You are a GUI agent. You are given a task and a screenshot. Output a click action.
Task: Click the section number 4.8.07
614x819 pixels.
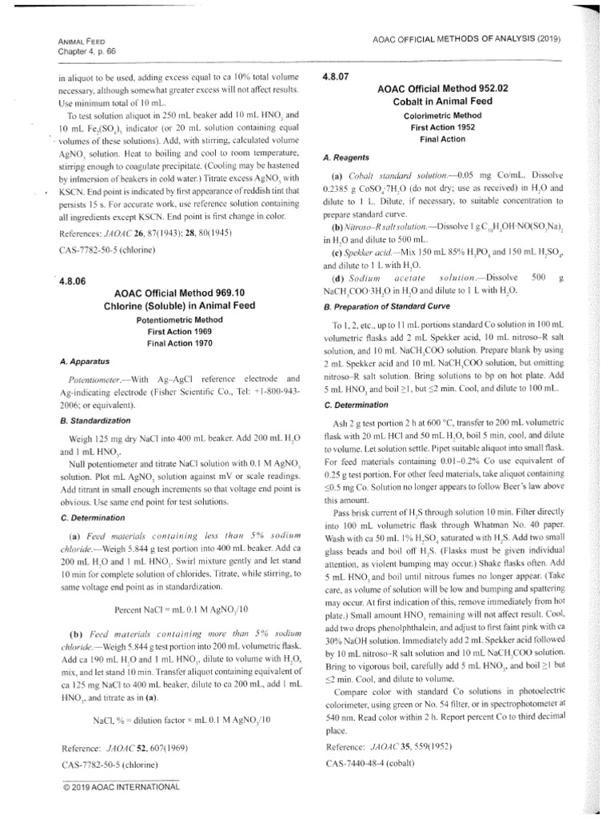[x=333, y=78]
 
